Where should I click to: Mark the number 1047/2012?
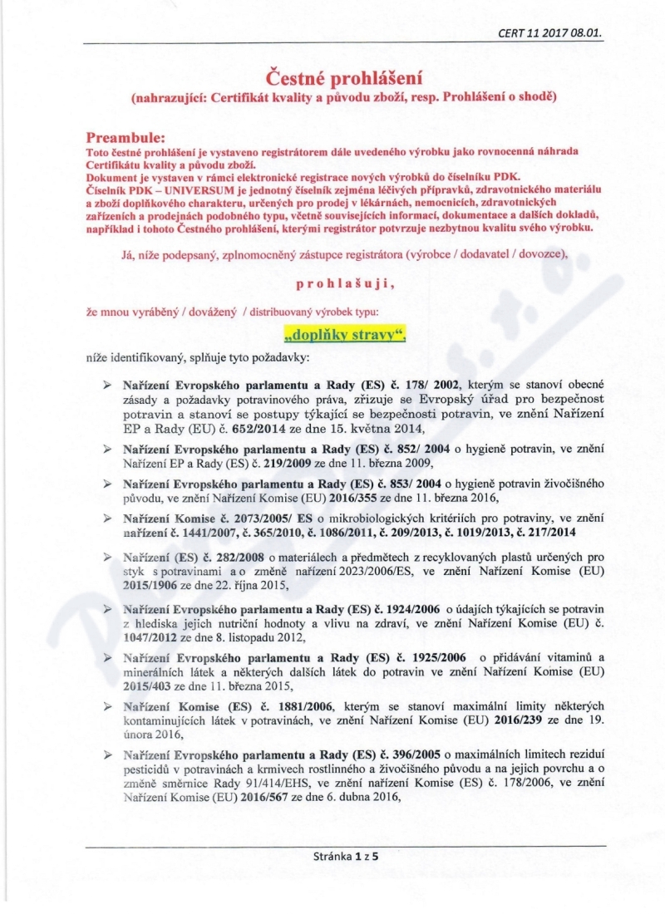(x=147, y=638)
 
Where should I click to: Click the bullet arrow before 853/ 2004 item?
(x=107, y=484)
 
